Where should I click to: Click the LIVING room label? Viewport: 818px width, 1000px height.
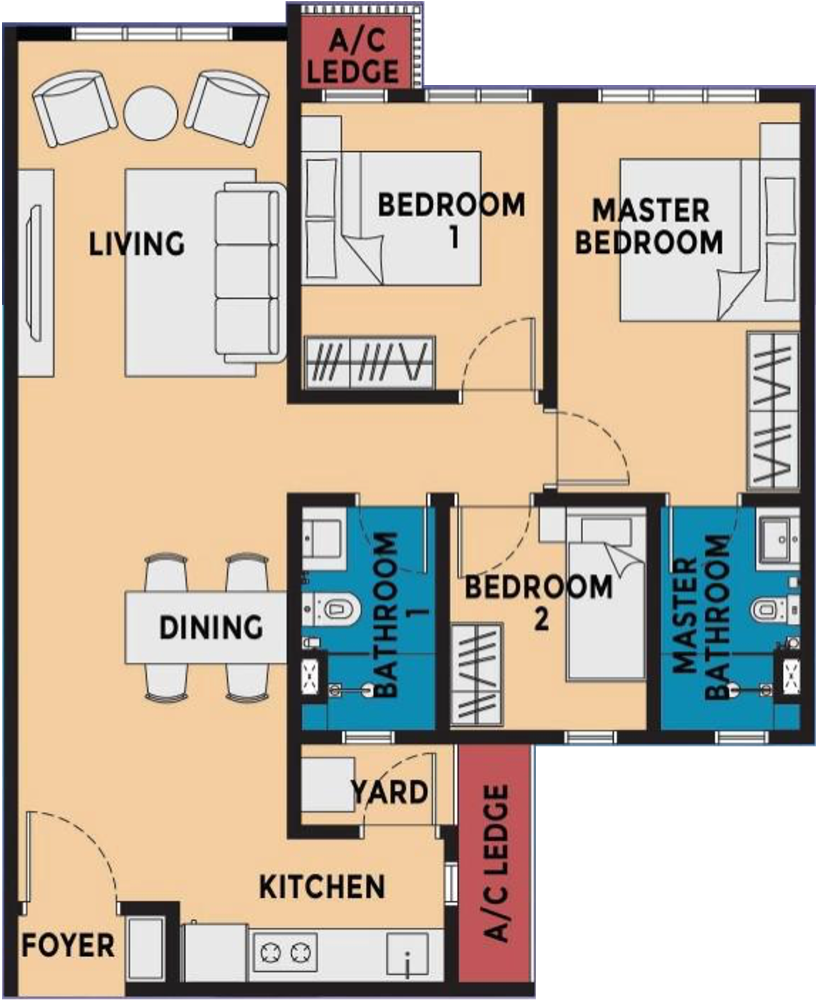(x=137, y=244)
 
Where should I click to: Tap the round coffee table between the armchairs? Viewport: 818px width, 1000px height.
(x=150, y=113)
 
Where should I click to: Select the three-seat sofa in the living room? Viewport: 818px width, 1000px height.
(x=250, y=273)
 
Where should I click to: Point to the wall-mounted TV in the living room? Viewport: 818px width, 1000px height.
(x=35, y=272)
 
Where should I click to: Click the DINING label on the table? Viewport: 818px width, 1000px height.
(x=211, y=627)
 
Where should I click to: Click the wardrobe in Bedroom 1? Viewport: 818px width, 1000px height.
(x=369, y=363)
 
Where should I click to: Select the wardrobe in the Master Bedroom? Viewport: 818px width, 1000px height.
(x=773, y=410)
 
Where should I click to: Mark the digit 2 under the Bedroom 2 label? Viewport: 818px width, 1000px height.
(x=541, y=619)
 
